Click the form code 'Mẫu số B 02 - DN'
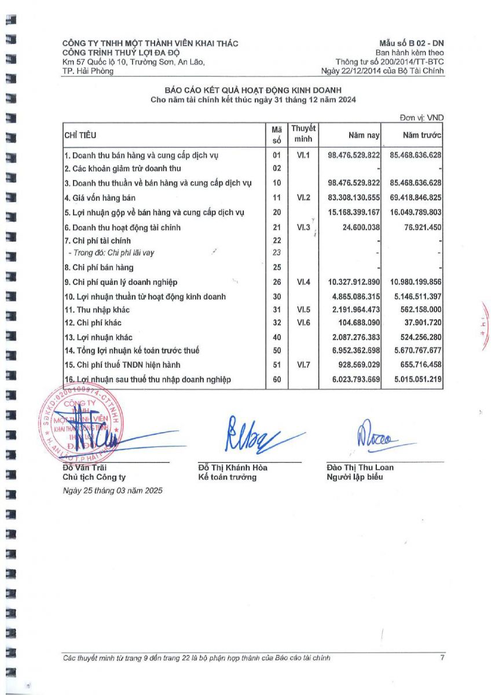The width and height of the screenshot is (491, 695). coord(411,43)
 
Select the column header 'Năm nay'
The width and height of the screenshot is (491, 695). coord(364,136)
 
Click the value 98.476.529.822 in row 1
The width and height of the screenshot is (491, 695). coord(353,155)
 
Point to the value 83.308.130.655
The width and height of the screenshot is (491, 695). coord(353,197)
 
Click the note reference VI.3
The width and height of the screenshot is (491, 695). coord(303,228)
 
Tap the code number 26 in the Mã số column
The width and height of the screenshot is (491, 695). coord(277,282)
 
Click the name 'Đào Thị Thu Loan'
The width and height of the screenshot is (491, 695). coord(360,467)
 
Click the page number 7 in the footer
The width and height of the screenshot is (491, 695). coord(442,658)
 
